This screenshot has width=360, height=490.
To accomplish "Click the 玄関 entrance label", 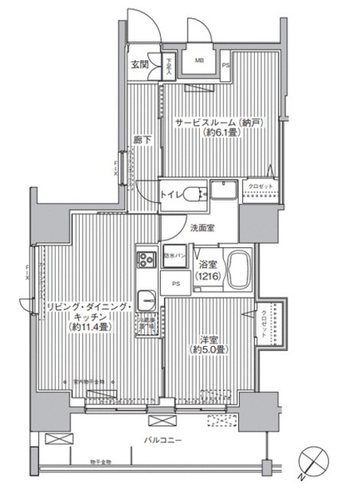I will (x=139, y=64).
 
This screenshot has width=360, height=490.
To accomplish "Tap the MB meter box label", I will (x=198, y=60).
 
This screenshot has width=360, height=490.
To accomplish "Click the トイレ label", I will (x=172, y=196).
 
